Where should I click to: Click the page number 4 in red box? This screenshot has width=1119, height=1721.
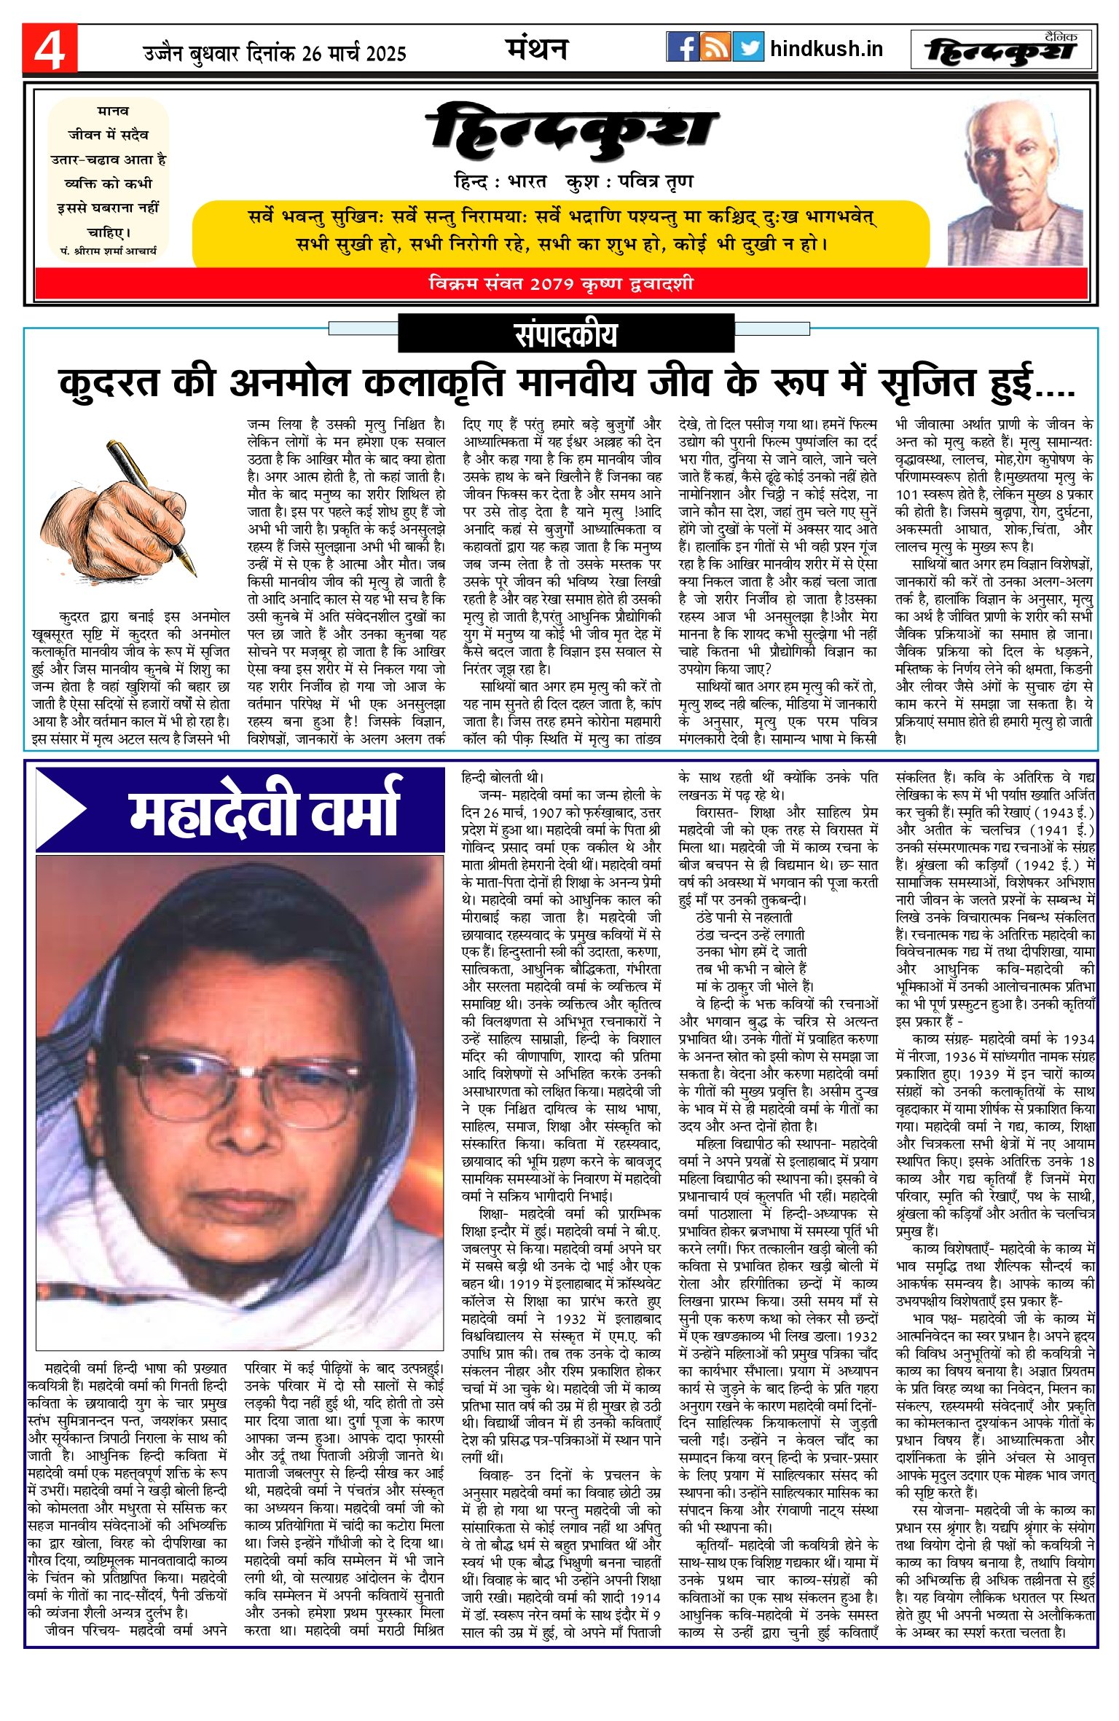(50, 49)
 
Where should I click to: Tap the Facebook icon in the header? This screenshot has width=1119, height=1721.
(683, 47)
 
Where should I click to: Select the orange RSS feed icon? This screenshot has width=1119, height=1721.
(715, 47)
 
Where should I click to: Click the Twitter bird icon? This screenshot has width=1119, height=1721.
(748, 47)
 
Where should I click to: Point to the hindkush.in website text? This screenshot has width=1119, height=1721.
(826, 49)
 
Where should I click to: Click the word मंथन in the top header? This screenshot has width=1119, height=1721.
(536, 49)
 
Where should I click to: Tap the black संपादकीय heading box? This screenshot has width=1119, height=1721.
(565, 334)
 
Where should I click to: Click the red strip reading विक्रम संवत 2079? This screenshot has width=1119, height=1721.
(561, 283)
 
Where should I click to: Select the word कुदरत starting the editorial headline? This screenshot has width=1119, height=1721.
(109, 382)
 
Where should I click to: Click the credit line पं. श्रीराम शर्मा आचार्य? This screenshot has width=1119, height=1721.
(108, 251)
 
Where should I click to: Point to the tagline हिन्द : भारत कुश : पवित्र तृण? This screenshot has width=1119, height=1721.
(573, 181)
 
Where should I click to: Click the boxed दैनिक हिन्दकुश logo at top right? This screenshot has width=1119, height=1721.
(1002, 50)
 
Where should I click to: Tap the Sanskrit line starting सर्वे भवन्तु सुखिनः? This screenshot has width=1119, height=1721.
(561, 217)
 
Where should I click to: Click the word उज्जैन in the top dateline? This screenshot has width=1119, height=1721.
(163, 53)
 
